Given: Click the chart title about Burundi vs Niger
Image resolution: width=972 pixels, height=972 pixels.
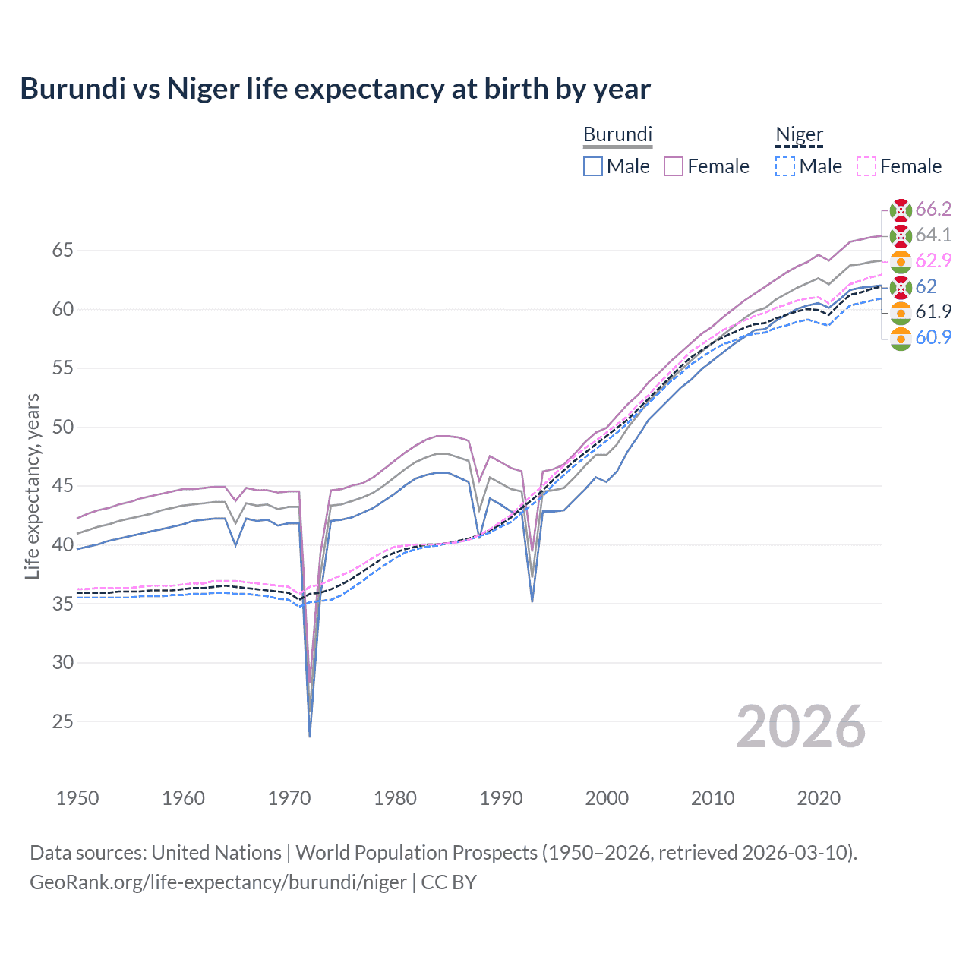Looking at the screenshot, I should pyautogui.click(x=335, y=89).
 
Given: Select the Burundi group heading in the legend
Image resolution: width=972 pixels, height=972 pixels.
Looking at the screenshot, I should pyautogui.click(x=617, y=134).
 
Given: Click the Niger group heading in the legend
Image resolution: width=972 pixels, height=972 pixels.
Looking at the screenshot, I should pyautogui.click(x=799, y=134).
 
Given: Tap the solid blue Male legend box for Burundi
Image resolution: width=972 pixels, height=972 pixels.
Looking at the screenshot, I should pyautogui.click(x=593, y=166).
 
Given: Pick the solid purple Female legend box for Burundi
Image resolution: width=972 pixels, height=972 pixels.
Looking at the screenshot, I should pyautogui.click(x=674, y=166).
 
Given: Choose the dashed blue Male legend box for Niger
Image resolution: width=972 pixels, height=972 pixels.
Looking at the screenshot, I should pyautogui.click(x=785, y=166).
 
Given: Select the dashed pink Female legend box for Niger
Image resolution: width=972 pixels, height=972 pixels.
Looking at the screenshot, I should pyautogui.click(x=866, y=166).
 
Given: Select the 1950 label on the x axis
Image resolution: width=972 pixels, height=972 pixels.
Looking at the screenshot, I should pyautogui.click(x=77, y=798).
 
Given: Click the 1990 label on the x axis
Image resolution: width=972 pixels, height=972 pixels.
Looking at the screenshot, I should pyautogui.click(x=501, y=798).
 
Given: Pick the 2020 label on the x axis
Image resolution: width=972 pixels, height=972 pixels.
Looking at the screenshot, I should pyautogui.click(x=819, y=798).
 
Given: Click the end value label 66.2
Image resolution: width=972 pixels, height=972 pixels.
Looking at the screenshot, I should pyautogui.click(x=933, y=210).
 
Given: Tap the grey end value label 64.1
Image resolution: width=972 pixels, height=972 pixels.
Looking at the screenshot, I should pyautogui.click(x=933, y=235).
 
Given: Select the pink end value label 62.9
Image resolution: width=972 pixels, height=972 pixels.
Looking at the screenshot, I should pyautogui.click(x=933, y=260).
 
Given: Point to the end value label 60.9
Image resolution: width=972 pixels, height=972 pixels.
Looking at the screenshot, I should pyautogui.click(x=933, y=337).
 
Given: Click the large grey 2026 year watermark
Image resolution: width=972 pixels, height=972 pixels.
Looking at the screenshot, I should pyautogui.click(x=800, y=727).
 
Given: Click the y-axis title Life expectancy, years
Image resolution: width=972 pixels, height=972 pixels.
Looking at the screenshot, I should pyautogui.click(x=33, y=486).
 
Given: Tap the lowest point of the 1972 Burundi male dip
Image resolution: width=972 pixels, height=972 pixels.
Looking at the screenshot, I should pyautogui.click(x=310, y=736).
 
